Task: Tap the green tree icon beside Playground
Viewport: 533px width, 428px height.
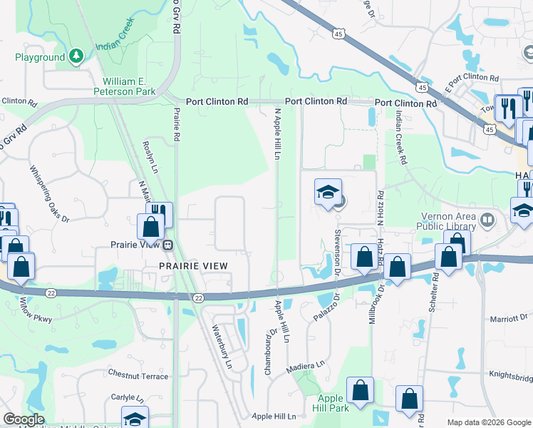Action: click(x=76, y=56)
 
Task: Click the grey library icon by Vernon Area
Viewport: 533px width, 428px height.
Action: click(x=487, y=219)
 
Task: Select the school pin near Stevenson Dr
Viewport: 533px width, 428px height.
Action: click(x=328, y=192)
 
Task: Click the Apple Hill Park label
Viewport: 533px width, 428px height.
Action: click(x=330, y=403)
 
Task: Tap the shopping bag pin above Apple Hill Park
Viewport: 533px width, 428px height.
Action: click(x=360, y=390)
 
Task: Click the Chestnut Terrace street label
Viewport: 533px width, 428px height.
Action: click(x=138, y=375)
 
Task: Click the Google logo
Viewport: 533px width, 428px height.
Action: click(x=24, y=419)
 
